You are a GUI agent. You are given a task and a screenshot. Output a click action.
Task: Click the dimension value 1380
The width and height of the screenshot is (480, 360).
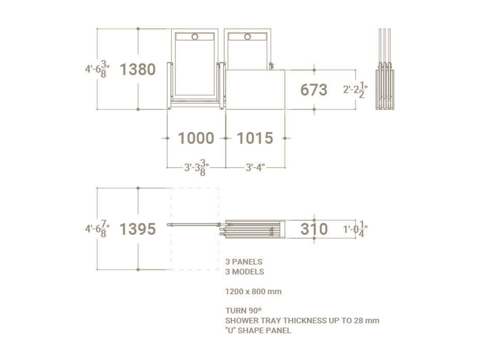click(138, 70)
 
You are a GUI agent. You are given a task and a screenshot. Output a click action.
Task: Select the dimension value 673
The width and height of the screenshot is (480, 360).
click(314, 90)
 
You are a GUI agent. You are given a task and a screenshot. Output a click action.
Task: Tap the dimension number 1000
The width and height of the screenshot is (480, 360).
click(196, 138)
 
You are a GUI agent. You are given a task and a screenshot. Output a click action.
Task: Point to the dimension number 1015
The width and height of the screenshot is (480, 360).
click(255, 138)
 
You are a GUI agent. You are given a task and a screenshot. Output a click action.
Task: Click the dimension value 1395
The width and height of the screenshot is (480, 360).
click(138, 229)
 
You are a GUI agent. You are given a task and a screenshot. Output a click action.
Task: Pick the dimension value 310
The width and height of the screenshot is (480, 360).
click(314, 229)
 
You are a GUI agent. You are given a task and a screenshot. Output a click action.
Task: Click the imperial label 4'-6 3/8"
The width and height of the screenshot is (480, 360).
click(98, 69)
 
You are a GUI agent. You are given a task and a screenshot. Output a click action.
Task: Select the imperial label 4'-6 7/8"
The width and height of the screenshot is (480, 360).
click(98, 229)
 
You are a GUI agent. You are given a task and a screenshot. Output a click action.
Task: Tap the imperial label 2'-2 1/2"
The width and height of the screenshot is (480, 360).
click(356, 90)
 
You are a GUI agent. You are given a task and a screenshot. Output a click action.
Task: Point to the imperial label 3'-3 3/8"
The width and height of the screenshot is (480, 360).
click(197, 168)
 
